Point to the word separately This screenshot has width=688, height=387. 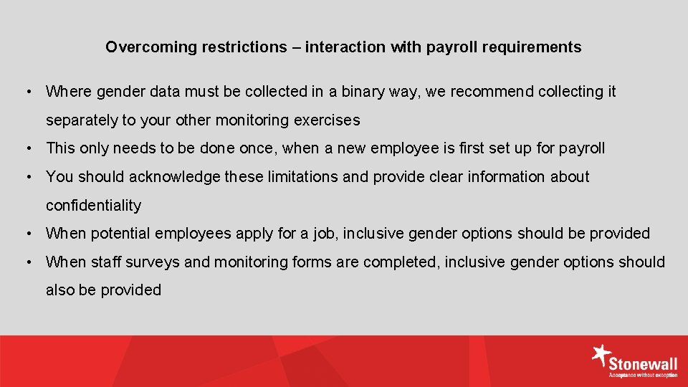tap(79, 120)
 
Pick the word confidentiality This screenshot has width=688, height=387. tap(93, 206)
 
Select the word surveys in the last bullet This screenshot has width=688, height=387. tap(153, 262)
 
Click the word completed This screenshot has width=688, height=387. tap(402, 262)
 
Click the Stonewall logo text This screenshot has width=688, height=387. tap(644, 365)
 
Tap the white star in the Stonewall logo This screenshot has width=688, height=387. tap(601, 355)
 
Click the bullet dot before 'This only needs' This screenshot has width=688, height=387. tap(27, 148)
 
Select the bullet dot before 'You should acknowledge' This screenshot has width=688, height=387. tap(27, 177)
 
